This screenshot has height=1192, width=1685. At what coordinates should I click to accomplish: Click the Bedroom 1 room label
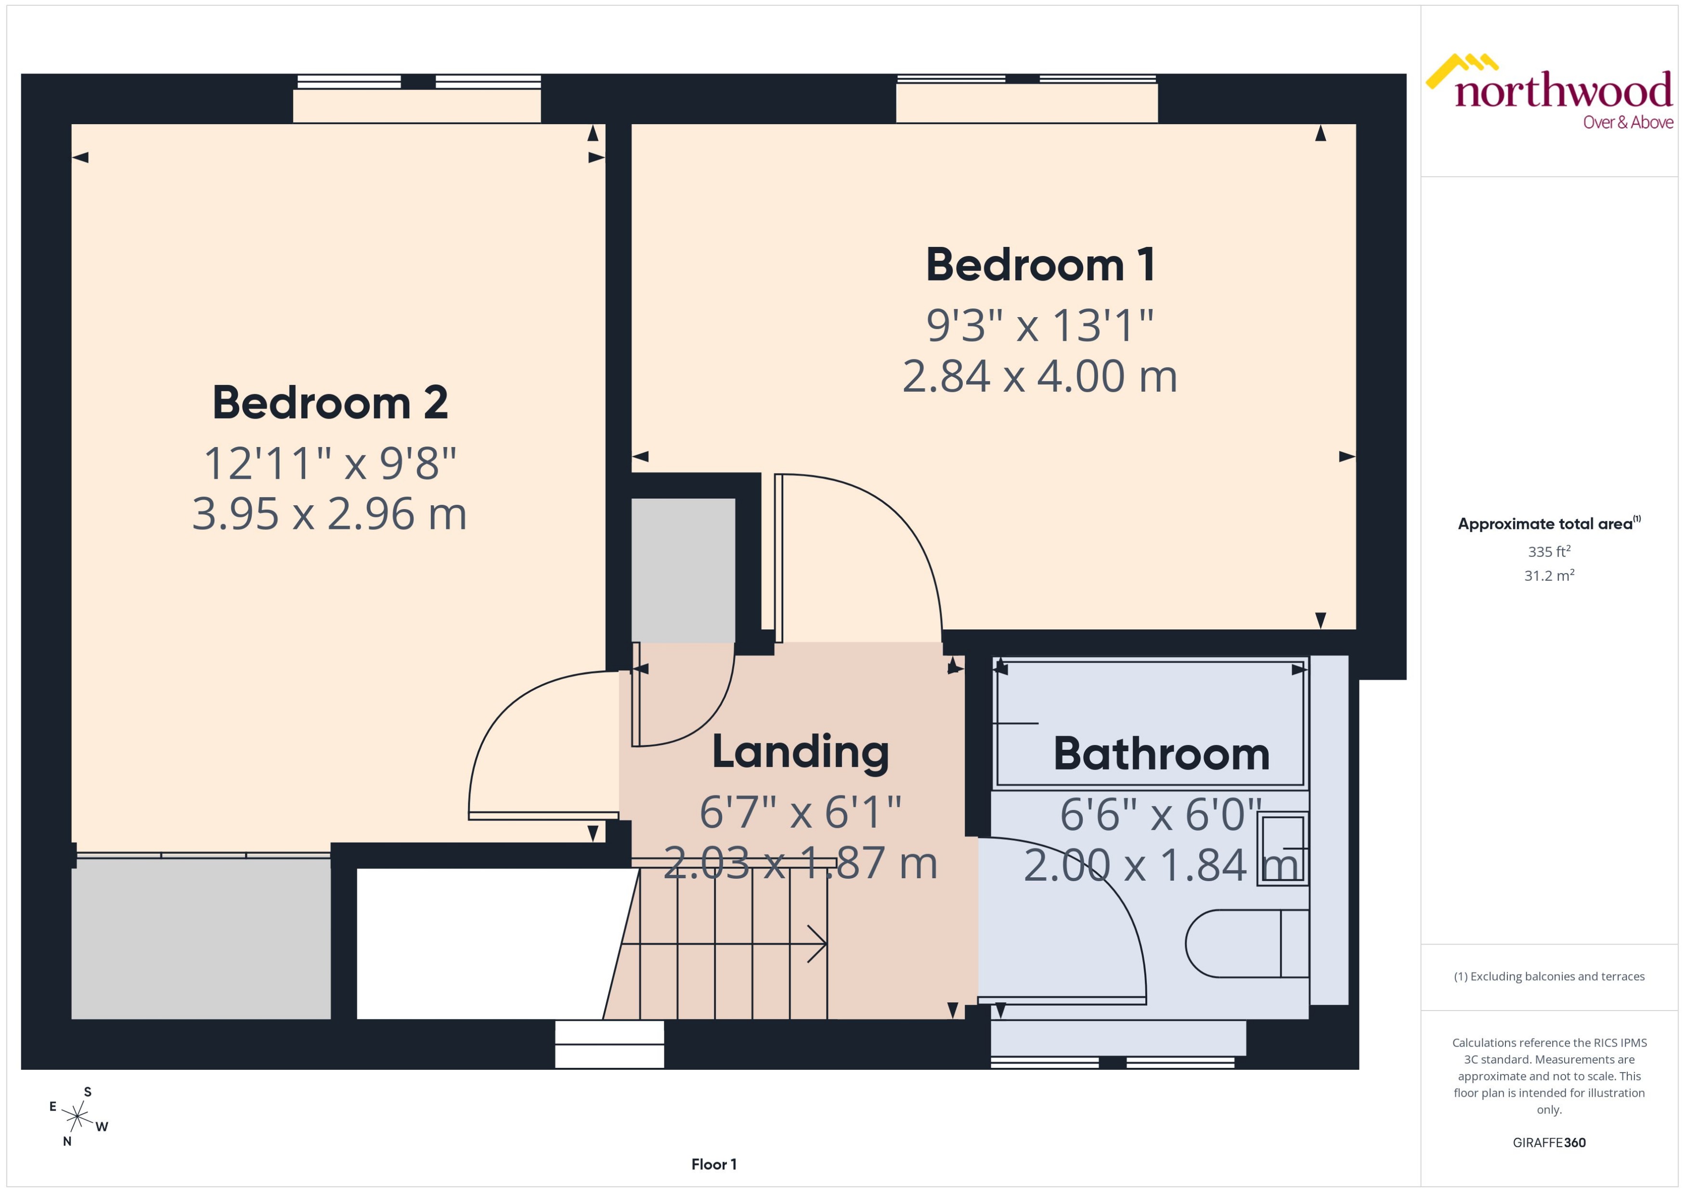pos(1039,265)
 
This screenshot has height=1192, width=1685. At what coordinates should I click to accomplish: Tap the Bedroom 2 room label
pos(330,403)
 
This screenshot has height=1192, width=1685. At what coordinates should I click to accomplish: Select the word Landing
pos(800,752)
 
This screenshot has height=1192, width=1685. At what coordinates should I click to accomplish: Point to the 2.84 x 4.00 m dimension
pos(1039,376)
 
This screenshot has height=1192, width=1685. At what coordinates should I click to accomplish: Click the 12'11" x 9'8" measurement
pos(330,464)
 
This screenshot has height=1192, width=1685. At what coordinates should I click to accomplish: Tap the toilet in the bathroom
pos(1241,944)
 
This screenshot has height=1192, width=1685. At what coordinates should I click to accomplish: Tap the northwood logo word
pos(1563,92)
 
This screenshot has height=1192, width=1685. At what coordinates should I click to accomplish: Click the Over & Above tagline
pos(1628,123)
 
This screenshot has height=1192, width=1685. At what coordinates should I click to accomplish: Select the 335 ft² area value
pos(1549,551)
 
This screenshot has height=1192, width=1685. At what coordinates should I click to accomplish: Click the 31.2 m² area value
pos(1549,576)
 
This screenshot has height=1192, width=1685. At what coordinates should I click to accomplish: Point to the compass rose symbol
pos(77,1117)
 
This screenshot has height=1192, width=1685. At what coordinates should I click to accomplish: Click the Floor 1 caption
pos(713,1164)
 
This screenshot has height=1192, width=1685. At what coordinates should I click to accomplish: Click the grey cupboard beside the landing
pos(683,570)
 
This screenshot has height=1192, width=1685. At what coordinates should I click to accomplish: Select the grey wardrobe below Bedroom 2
pos(200,939)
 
